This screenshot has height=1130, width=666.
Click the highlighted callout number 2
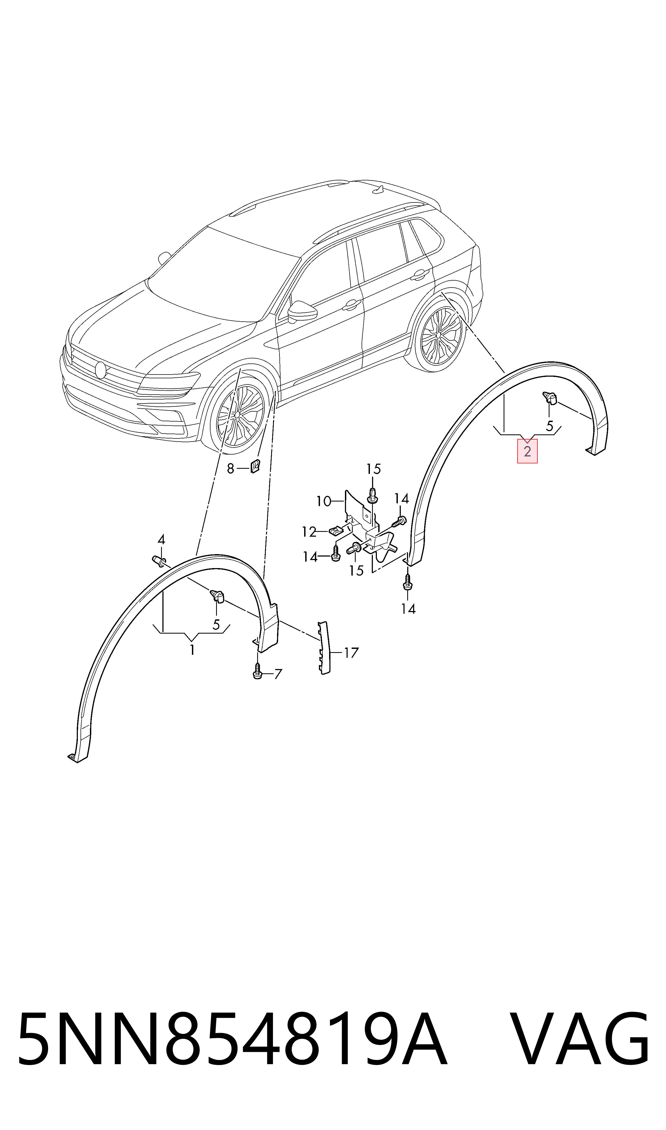click(x=527, y=451)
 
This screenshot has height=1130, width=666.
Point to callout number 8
click(x=230, y=469)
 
